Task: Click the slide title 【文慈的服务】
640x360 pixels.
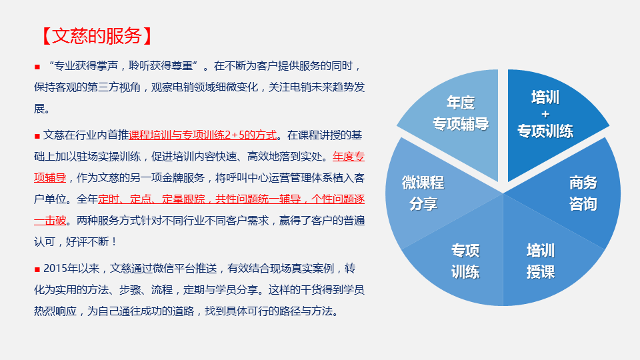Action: [x=97, y=36]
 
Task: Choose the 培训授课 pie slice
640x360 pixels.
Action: [x=543, y=261]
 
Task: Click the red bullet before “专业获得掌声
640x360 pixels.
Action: [x=37, y=67]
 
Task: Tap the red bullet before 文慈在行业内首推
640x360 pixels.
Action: [x=37, y=136]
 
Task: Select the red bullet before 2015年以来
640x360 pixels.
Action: [x=37, y=269]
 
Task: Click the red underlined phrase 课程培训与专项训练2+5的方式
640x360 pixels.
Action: [x=203, y=135]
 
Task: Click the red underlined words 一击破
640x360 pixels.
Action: [x=50, y=221]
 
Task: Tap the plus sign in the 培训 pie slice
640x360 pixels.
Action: [x=545, y=114]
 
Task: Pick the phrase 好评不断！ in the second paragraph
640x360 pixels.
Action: [x=91, y=241]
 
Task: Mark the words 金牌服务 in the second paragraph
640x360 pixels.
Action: [x=183, y=178]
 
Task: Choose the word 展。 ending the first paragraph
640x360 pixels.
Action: [x=42, y=109]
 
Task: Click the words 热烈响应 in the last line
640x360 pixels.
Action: [x=55, y=311]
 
